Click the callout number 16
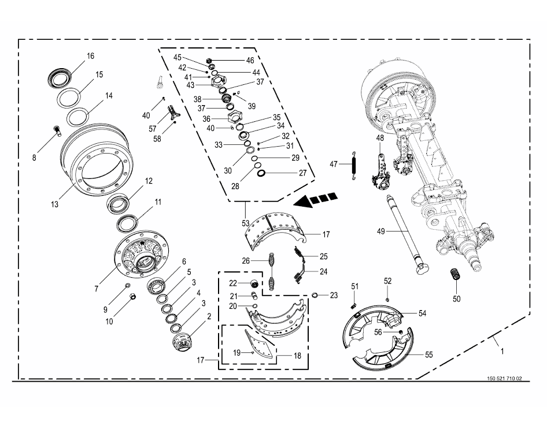point(90,56)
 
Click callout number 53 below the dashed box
point(245,223)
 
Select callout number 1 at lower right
point(502,350)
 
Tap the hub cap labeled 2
point(183,342)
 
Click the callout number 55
point(430,355)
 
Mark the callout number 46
point(250,60)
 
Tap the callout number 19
point(236,352)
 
